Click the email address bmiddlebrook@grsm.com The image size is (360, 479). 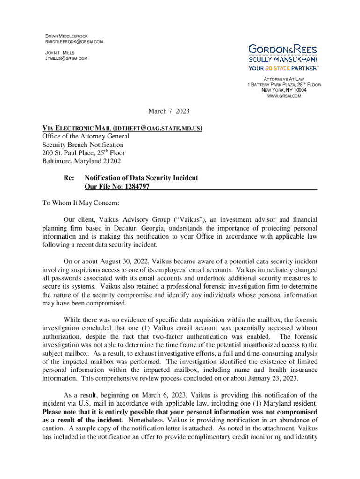73,42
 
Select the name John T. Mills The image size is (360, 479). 59,52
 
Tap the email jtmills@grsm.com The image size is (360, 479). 66,58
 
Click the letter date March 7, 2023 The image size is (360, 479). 169,111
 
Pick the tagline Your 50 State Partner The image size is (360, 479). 282,68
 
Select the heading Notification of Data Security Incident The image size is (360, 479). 141,178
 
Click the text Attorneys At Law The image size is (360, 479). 284,79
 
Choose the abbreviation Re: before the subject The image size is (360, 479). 69,178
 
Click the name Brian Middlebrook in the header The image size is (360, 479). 66,36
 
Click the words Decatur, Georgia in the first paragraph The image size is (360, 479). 132,228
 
